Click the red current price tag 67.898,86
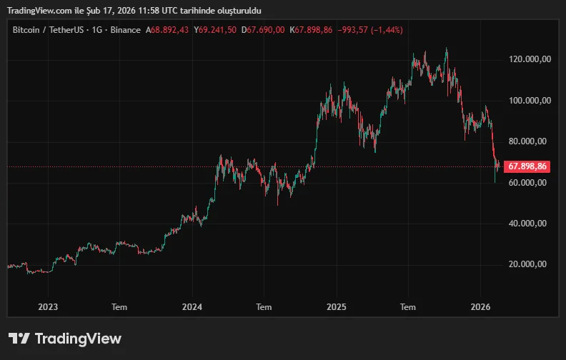pos(527,166)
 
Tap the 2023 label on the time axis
pos(47,306)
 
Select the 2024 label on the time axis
pos(192,306)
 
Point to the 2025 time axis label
pos(336,306)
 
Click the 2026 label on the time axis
pos(480,306)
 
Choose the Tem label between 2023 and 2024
pos(119,306)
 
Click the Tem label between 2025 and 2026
pos(408,306)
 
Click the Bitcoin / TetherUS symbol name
pos(47,29)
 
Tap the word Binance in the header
pos(126,29)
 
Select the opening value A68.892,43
pos(167,29)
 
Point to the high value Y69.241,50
pos(215,29)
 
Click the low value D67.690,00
pos(263,29)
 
